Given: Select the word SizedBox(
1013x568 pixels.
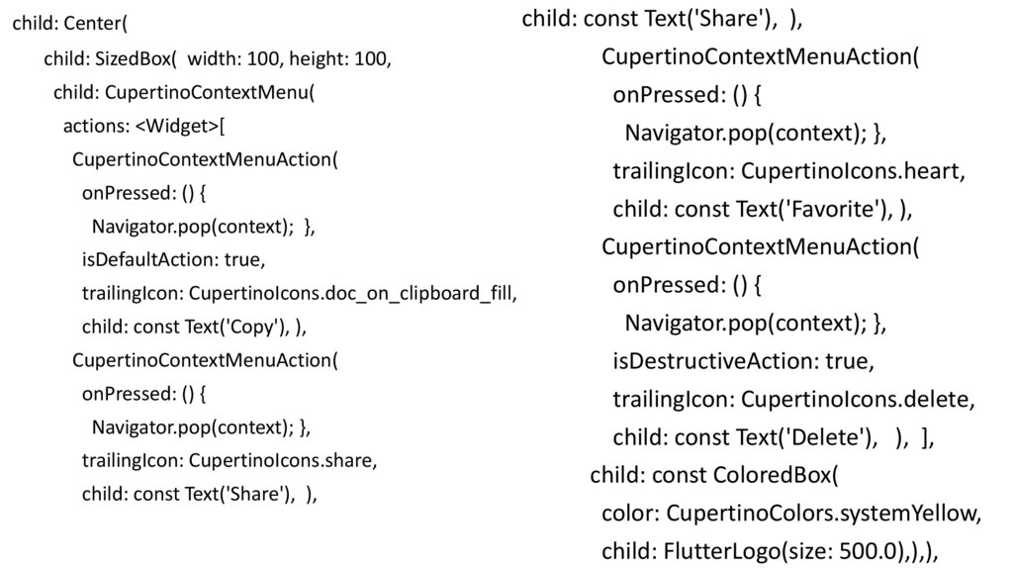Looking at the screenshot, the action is click(x=138, y=59).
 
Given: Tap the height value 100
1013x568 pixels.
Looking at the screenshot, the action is click(x=372, y=59).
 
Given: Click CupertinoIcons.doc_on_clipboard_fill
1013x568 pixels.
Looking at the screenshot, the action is click(x=353, y=294).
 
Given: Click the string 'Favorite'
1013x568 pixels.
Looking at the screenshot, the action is click(x=837, y=210).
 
